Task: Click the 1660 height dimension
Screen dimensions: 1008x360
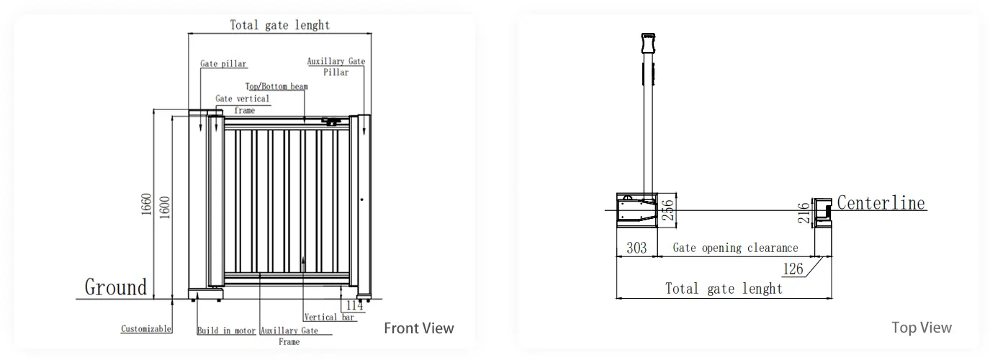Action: tap(146, 204)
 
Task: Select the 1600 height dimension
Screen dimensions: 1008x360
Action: tap(165, 207)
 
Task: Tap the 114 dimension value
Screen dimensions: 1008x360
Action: tap(354, 305)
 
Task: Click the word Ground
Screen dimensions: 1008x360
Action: tap(116, 287)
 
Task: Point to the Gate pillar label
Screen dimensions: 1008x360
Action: tap(224, 64)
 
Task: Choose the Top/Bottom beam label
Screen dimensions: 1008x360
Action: tap(276, 86)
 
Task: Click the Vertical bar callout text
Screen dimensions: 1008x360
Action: tap(329, 318)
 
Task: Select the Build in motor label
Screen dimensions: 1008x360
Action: tap(226, 330)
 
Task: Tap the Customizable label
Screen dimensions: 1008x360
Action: tap(146, 329)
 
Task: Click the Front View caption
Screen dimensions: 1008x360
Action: tap(419, 328)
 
